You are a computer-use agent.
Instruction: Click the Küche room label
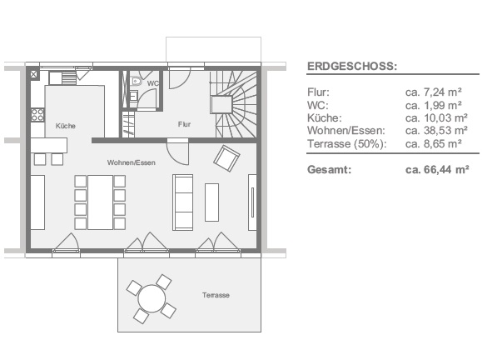66,126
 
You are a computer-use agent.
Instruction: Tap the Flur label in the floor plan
184,124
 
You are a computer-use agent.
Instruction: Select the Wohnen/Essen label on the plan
132,162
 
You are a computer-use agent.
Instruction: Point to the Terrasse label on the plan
216,295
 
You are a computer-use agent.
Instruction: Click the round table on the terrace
152,299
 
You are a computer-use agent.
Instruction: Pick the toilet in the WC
136,81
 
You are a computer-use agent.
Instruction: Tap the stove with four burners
37,115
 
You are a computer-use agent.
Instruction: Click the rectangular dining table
100,202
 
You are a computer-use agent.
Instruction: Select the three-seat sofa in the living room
183,202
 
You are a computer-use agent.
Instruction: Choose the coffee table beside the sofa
211,202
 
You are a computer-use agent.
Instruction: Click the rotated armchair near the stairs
227,158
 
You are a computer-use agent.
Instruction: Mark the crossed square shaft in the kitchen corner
34,74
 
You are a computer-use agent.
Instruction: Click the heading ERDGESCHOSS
352,66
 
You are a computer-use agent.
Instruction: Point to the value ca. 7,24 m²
434,92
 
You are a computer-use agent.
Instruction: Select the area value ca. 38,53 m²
436,131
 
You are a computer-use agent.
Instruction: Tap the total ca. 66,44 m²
437,169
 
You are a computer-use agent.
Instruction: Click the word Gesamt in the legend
329,169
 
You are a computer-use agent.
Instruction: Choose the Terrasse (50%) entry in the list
347,144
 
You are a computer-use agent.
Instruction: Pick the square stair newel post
221,104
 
